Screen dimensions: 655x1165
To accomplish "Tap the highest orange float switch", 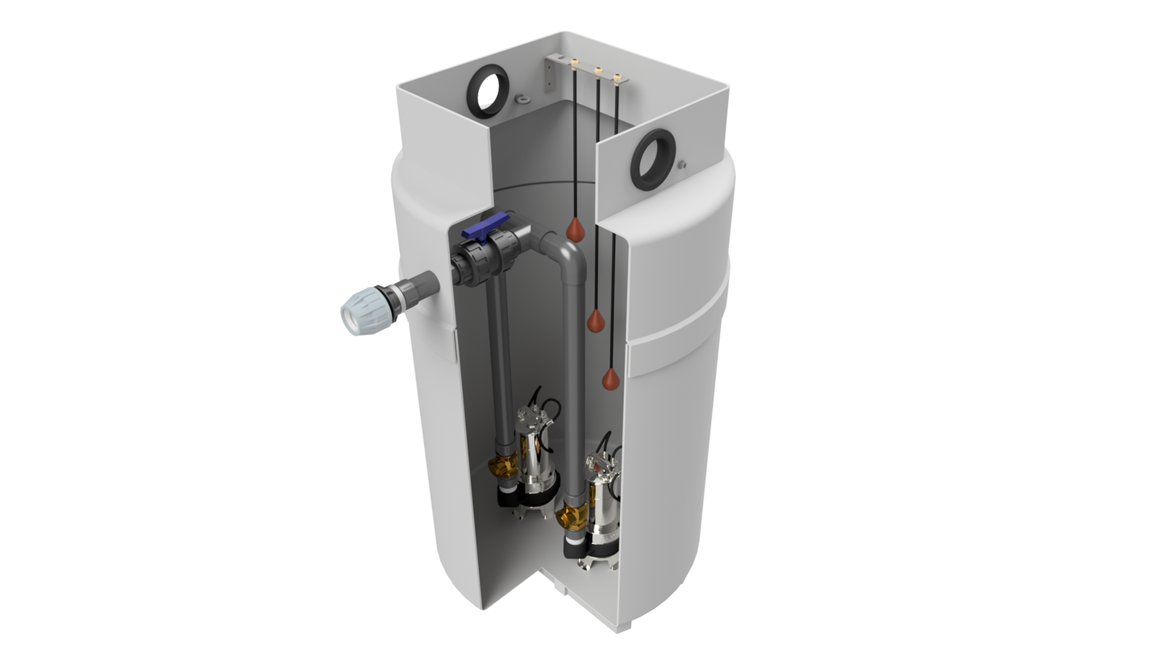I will [x=575, y=230].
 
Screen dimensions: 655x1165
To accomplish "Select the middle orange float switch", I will [x=596, y=321].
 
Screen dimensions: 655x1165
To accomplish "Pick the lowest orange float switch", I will [x=611, y=379].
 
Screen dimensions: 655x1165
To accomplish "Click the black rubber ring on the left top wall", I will [x=489, y=91].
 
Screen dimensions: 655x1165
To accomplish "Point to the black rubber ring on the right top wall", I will [x=652, y=159].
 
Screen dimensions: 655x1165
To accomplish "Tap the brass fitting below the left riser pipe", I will [x=505, y=465].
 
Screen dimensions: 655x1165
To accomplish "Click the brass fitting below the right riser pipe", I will [x=572, y=516].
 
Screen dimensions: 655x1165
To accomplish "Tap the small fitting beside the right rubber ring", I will [x=682, y=164].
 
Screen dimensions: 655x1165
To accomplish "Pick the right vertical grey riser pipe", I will [x=573, y=387].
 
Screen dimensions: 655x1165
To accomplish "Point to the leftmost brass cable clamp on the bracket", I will [x=575, y=63].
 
